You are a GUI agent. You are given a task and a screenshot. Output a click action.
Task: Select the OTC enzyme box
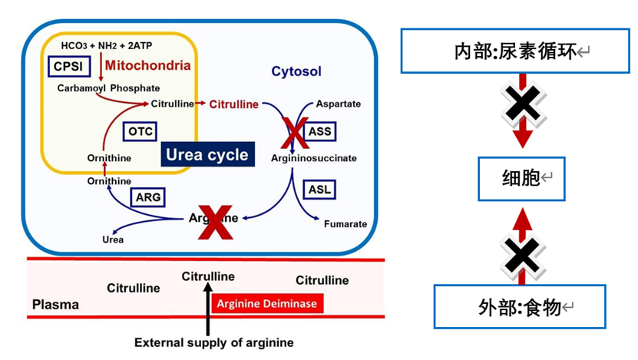pyautogui.click(x=140, y=131)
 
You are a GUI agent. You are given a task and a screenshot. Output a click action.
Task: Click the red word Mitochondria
pyautogui.click(x=147, y=66)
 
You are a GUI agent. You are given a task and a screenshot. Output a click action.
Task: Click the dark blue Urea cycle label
pyautogui.click(x=207, y=154)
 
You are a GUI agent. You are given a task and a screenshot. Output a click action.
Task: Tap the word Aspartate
pyautogui.click(x=339, y=104)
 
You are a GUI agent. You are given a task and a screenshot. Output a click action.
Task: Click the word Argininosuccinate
pyautogui.click(x=313, y=157)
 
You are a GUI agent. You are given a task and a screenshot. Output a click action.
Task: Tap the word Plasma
pyautogui.click(x=55, y=305)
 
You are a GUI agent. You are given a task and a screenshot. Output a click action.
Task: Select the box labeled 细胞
pyautogui.click(x=521, y=180)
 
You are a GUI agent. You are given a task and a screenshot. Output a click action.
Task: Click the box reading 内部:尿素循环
pyautogui.click(x=521, y=51)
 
